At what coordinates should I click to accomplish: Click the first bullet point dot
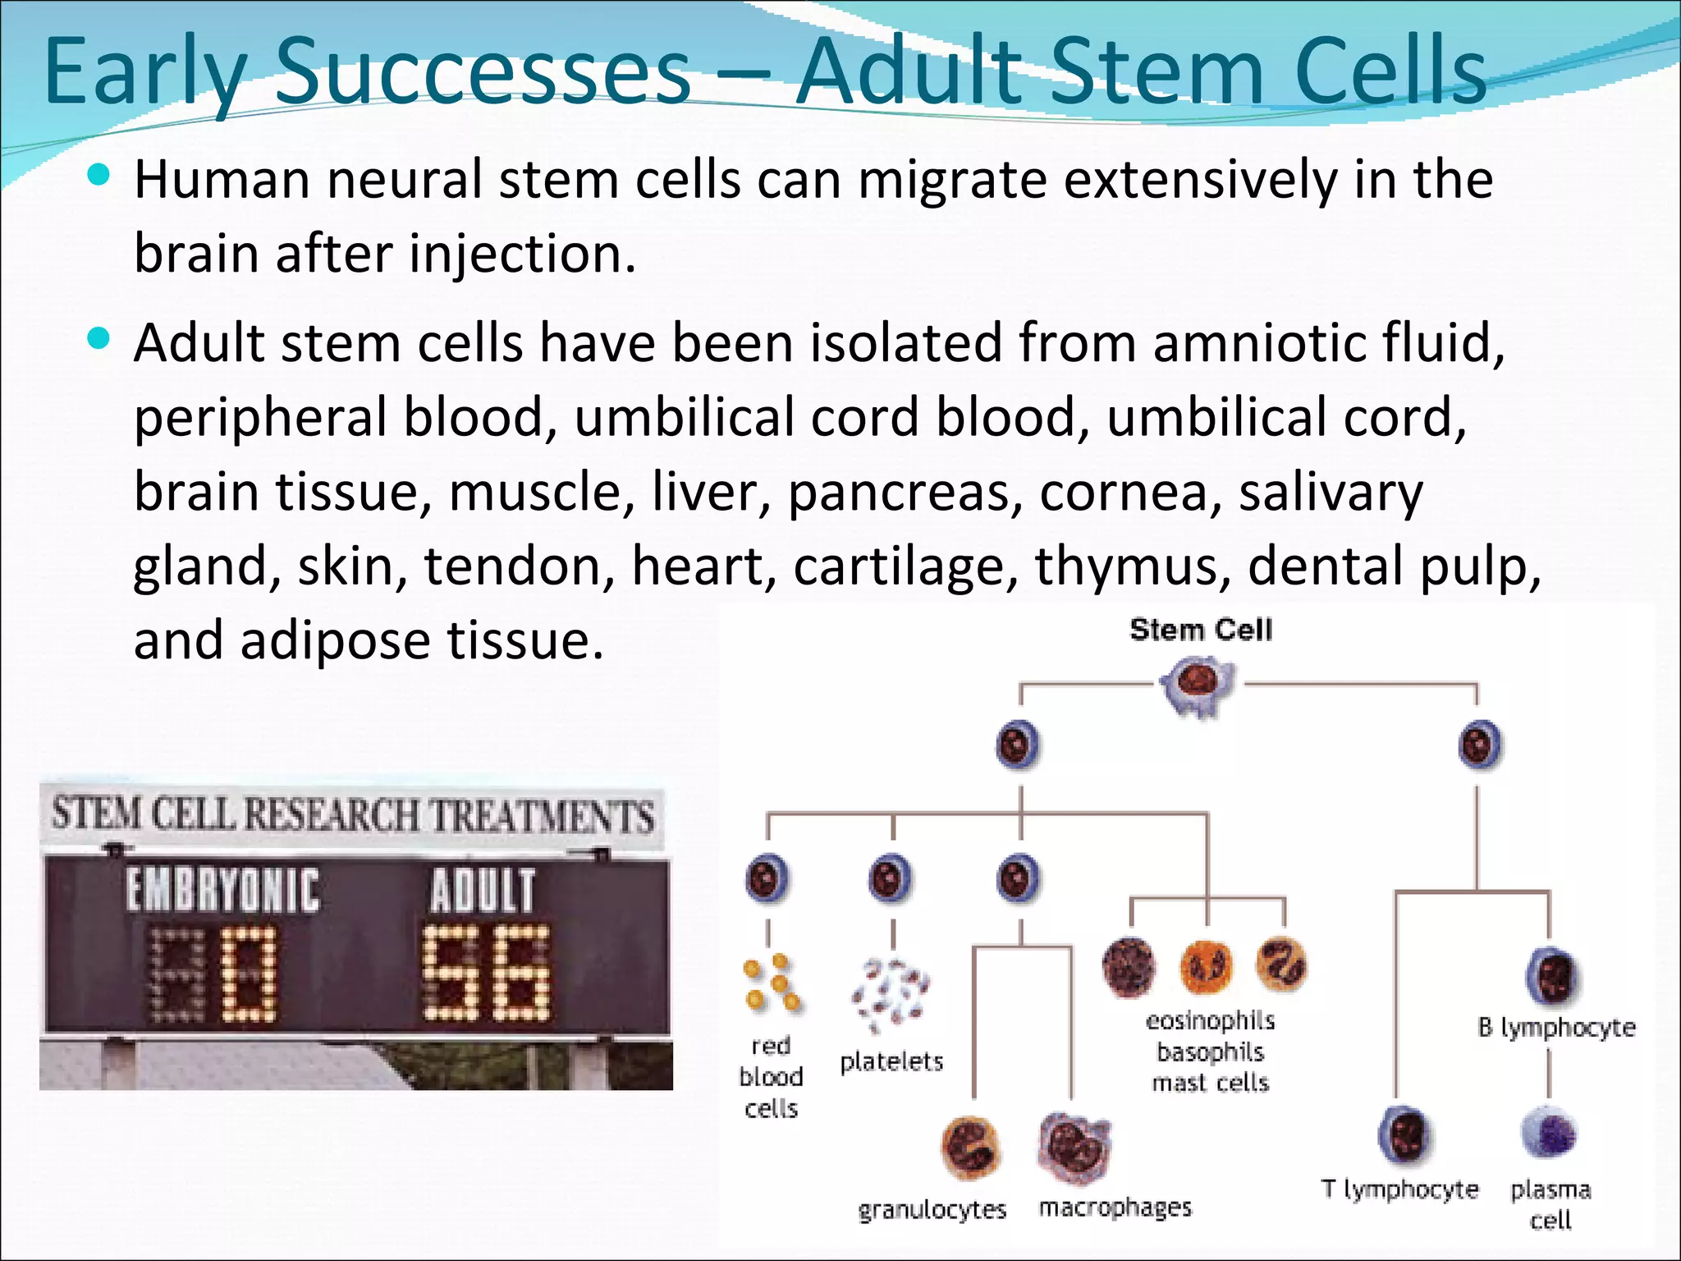coord(98,175)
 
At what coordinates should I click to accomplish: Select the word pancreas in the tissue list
coord(905,492)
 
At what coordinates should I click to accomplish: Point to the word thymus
coord(1132,566)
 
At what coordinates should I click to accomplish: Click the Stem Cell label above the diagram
coord(1200,630)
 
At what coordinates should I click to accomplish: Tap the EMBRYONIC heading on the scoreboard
coord(222,891)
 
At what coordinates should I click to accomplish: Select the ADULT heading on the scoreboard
coord(483,891)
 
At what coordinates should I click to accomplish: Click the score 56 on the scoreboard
coord(486,973)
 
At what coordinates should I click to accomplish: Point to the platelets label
coord(891,1062)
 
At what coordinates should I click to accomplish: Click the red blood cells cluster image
coord(772,983)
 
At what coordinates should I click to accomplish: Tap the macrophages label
coord(1115,1207)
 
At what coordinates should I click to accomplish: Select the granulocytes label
coord(932,1209)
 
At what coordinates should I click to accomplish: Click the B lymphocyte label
coord(1556,1028)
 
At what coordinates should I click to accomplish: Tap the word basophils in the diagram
coord(1210,1052)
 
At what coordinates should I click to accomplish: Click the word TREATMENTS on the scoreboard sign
coord(542,816)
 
